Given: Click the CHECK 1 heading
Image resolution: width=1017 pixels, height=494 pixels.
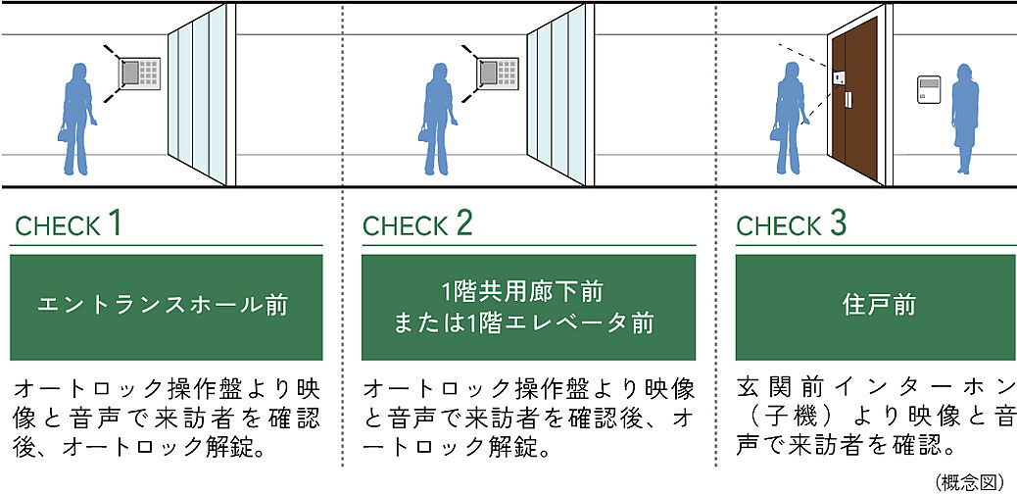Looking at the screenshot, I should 69,224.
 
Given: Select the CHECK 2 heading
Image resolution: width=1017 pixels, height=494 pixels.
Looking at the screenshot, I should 417,224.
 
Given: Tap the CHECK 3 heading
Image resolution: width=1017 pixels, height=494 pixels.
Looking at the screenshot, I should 791,224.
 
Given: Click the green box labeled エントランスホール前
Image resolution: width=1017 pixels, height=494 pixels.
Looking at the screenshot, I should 166,307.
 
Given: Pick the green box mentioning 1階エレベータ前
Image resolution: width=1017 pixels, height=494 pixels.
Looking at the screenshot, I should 528,307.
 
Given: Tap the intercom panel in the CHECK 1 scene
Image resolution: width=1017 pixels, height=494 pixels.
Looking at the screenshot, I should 140,74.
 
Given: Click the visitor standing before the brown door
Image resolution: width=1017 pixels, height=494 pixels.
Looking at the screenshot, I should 790,118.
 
